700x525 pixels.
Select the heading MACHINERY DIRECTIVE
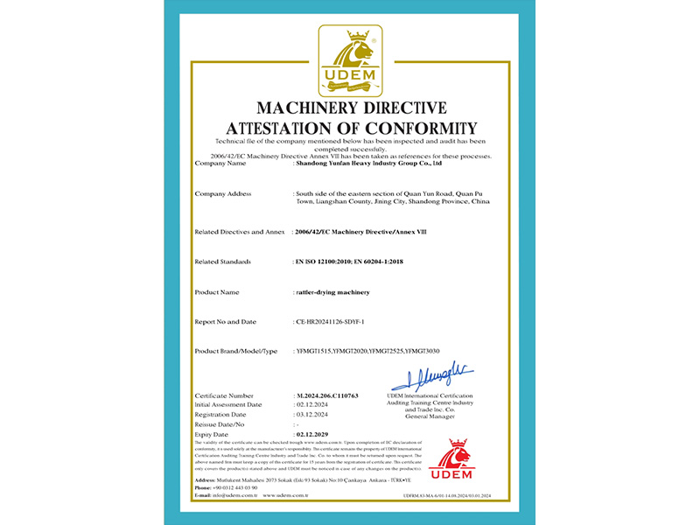[350, 108]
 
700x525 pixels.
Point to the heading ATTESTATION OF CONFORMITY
[350, 128]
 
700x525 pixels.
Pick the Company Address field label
[223, 192]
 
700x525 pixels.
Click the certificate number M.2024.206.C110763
[328, 396]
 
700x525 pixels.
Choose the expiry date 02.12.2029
[315, 434]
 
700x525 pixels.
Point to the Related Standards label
[223, 262]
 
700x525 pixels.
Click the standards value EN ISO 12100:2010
[325, 262]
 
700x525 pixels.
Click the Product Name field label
[217, 292]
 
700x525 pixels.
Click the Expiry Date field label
[212, 434]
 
